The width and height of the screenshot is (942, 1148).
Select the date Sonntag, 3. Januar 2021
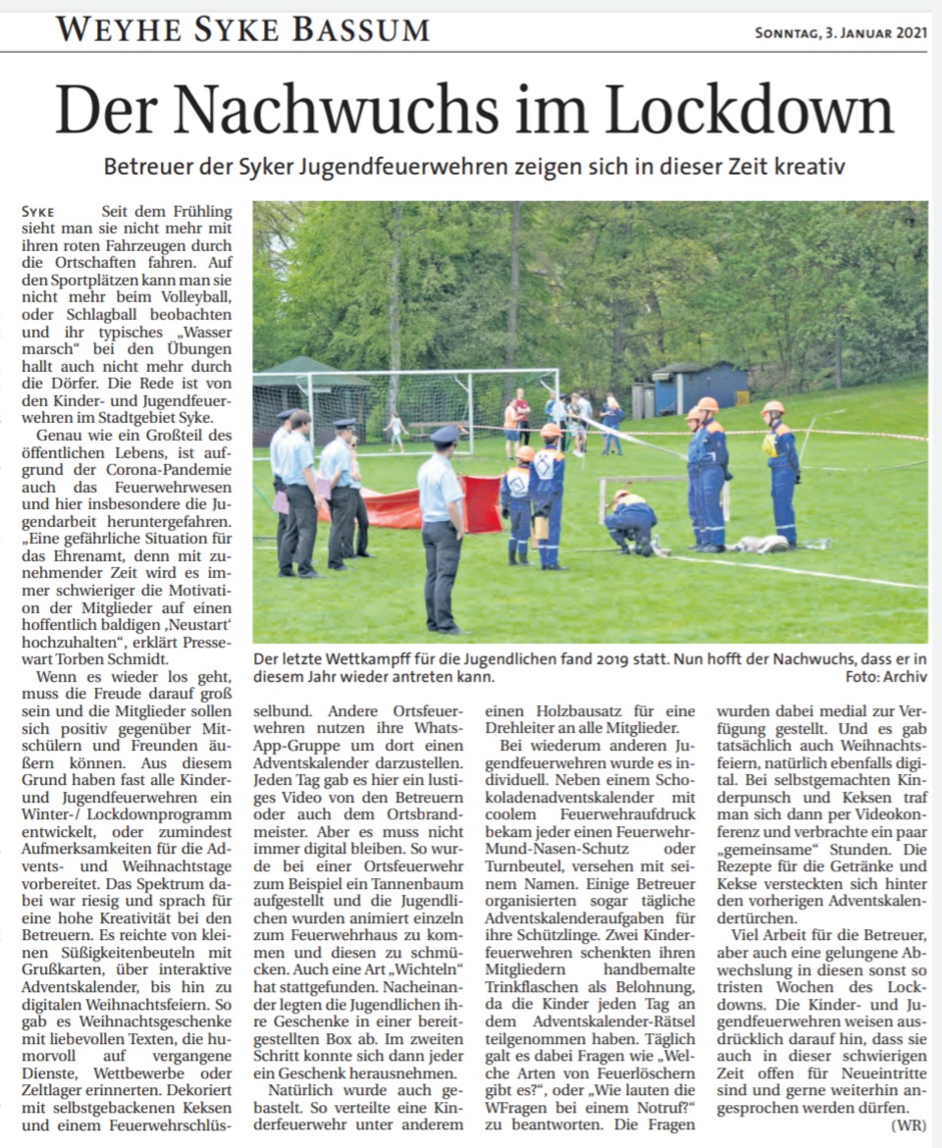839,33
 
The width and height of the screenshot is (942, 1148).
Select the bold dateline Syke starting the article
37,211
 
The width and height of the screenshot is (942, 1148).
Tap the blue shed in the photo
698,389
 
